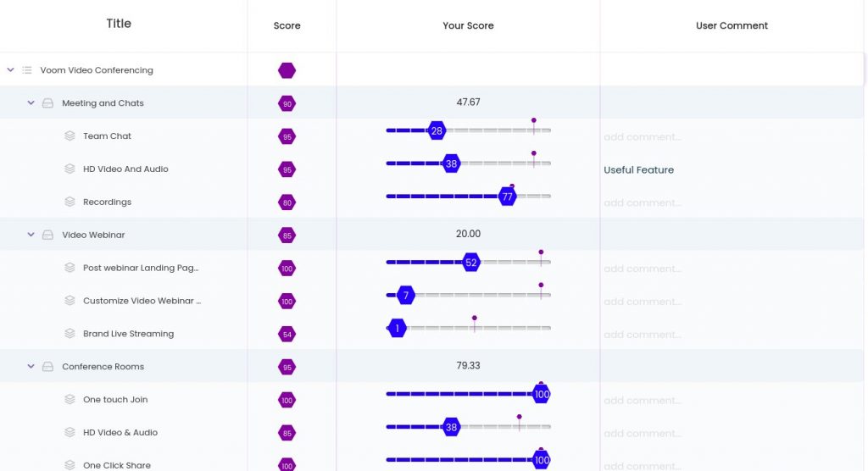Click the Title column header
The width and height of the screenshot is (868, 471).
119,24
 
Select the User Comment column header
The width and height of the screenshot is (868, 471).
732,25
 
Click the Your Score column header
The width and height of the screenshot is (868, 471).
468,25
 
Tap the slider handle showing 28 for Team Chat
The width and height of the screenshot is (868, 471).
437,130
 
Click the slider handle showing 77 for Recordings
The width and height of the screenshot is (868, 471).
508,197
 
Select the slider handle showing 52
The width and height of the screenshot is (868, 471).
471,263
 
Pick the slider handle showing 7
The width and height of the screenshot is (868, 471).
406,296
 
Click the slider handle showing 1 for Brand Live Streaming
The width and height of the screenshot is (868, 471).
397,329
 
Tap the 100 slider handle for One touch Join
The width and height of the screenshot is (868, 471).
542,395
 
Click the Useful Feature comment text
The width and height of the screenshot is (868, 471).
638,170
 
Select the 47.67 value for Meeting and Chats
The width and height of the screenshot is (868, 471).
468,103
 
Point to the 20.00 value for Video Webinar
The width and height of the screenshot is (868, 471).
468,234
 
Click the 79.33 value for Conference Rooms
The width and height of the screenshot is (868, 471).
468,366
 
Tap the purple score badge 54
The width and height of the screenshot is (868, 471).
287,335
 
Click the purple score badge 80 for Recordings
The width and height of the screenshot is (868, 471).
287,202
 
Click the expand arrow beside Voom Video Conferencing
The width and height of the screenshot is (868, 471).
10,70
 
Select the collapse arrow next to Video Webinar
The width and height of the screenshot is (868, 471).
31,235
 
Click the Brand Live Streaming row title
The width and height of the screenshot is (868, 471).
128,334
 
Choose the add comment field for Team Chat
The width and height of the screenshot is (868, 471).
642,137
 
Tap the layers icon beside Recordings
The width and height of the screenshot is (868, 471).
70,202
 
